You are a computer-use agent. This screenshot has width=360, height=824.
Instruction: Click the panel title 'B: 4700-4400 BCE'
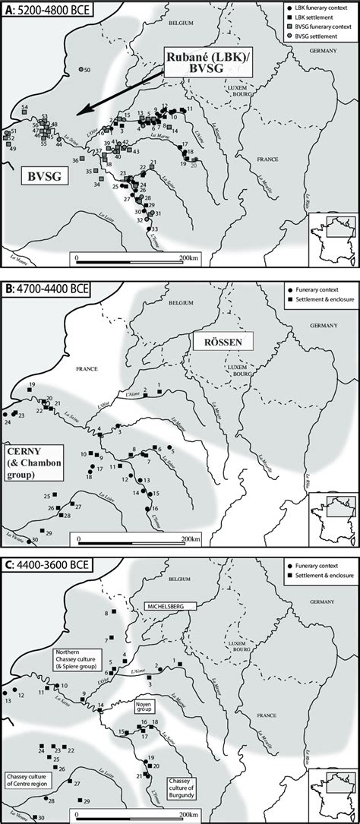tap(46, 281)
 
